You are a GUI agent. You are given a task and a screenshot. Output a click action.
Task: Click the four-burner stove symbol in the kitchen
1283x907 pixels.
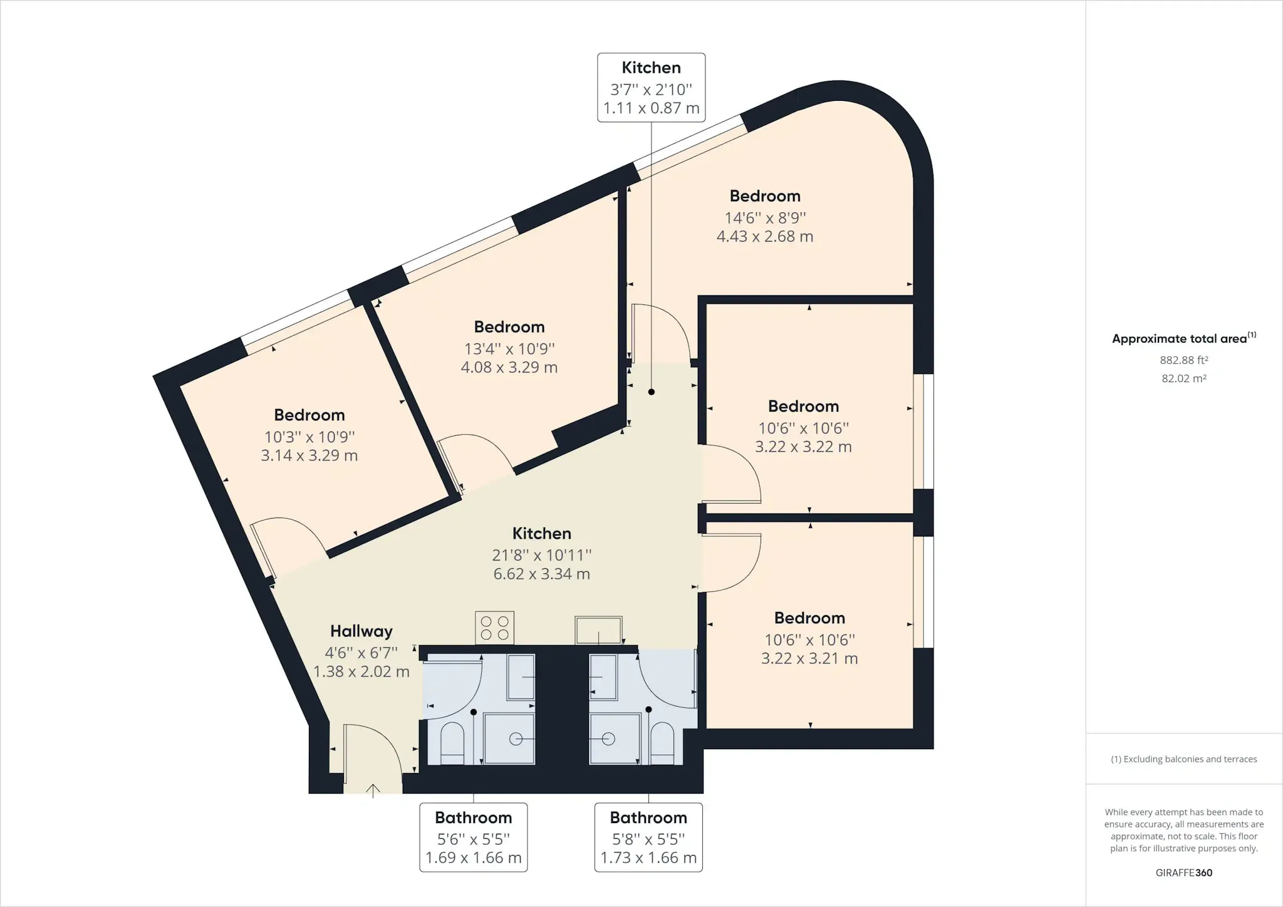[x=495, y=628]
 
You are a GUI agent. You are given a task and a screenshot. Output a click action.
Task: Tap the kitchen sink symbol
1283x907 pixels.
[x=599, y=630]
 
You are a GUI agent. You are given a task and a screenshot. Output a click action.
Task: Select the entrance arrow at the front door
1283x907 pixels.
[x=373, y=791]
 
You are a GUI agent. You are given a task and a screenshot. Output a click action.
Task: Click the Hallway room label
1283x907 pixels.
[x=361, y=631]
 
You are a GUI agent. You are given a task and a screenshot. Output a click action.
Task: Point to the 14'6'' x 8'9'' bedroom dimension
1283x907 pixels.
[x=765, y=218]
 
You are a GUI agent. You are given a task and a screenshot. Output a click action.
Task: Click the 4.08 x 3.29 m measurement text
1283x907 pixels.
[x=509, y=367]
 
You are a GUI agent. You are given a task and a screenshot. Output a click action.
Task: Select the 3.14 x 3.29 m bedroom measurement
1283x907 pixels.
[x=309, y=455]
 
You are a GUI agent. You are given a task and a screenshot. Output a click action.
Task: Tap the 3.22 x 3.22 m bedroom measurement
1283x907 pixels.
[x=803, y=447]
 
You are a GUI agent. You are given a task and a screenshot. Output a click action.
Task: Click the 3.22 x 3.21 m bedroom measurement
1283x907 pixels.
[x=809, y=658]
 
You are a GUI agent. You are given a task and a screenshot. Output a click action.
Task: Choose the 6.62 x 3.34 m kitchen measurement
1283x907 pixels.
[x=542, y=574]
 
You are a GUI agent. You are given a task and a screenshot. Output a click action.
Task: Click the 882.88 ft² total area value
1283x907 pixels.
[x=1184, y=360]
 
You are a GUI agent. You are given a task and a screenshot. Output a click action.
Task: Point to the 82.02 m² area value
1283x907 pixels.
[x=1184, y=378]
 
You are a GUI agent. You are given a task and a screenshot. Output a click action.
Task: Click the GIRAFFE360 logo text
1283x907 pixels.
[x=1184, y=873]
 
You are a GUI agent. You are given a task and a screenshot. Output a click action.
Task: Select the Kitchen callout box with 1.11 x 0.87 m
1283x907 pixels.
[x=652, y=88]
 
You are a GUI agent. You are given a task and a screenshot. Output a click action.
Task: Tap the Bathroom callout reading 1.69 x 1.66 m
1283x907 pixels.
[x=474, y=837]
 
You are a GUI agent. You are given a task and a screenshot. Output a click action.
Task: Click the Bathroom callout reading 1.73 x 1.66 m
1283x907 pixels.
[x=648, y=837]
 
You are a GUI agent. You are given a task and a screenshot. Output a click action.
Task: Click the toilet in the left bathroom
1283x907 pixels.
[x=452, y=743]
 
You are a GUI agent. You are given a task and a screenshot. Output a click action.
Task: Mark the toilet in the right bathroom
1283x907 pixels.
[x=662, y=743]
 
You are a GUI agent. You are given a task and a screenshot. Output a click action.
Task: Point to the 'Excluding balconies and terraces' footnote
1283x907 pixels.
[x=1184, y=759]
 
